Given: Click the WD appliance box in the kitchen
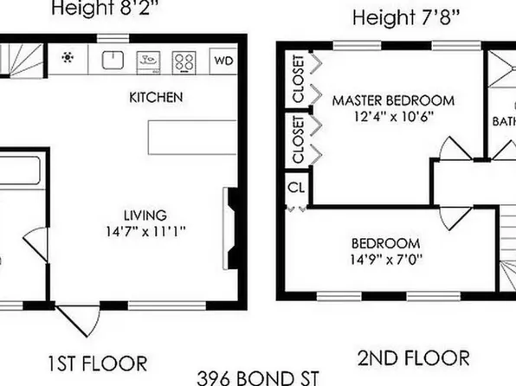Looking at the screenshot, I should [x=223, y=61].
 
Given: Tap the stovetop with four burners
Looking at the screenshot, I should [x=184, y=61].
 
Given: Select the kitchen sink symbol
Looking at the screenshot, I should [x=112, y=60].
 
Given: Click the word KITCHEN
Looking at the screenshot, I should [x=156, y=97].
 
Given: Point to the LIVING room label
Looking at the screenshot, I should [x=144, y=215].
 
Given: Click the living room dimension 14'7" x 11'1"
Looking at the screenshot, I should [x=144, y=231].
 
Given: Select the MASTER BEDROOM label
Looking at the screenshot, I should [x=382, y=100].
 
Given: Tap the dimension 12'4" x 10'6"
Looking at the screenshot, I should [x=382, y=116].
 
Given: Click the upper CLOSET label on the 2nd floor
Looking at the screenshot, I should [x=298, y=80].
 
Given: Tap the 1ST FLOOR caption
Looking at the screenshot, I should [x=98, y=362].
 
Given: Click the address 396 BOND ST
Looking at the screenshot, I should [x=258, y=377].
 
